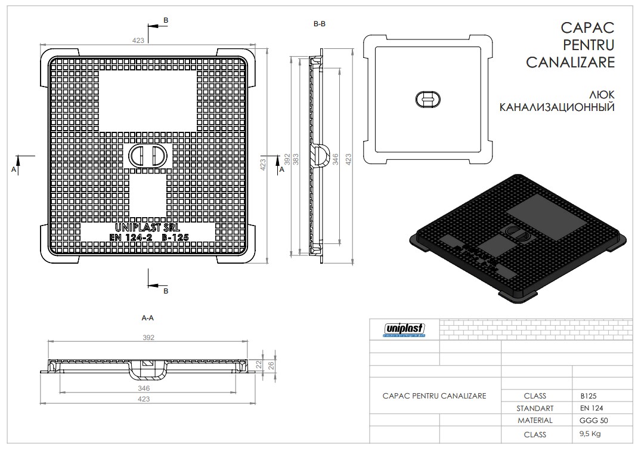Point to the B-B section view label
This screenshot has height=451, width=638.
319,24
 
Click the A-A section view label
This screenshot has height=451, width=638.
148,318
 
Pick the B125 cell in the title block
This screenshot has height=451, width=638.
589,396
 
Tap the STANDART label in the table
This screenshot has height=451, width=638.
535,409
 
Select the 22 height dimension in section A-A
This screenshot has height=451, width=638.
260,364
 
